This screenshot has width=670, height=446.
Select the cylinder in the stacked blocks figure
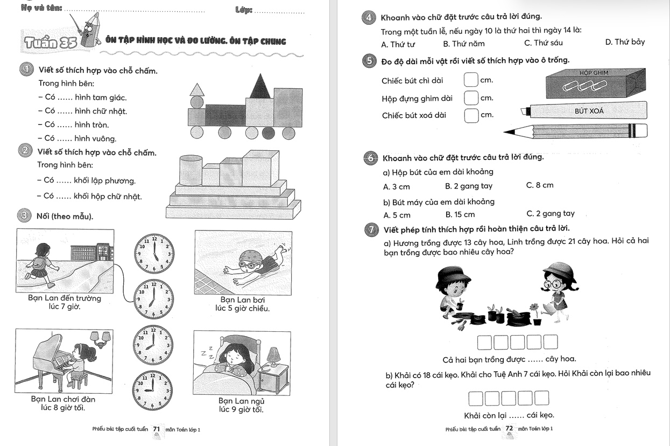pos(190,170)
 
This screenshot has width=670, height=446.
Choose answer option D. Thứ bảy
pos(625,43)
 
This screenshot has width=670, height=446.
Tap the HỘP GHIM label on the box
pos(594,73)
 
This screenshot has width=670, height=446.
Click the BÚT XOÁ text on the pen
pos(589,111)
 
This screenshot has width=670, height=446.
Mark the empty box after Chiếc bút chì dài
pos(470,80)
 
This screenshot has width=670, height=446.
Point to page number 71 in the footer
pos(157,429)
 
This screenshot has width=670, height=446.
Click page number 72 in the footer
pos(509,429)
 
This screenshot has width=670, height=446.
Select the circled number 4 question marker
pos(369,18)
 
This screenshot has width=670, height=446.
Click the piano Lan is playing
pos(51,358)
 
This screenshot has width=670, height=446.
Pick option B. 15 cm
pos(460,214)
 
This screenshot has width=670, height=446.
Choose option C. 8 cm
pos(539,185)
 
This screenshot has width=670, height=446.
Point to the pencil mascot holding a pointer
pos(89,30)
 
